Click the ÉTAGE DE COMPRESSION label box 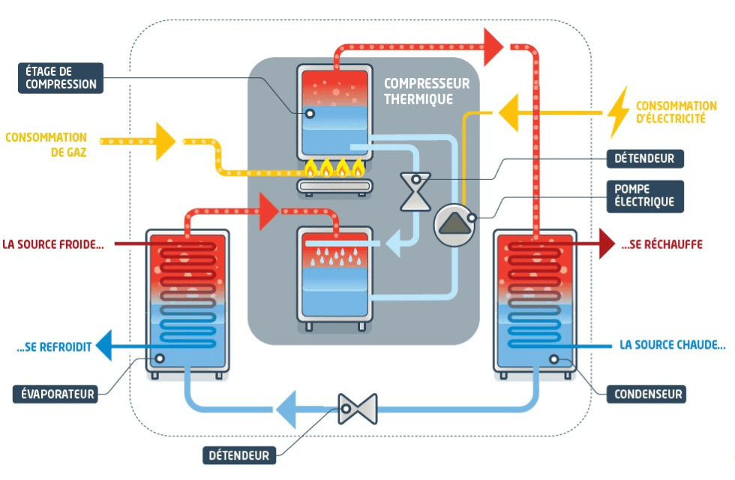click(x=61, y=78)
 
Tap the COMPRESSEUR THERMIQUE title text click(x=426, y=91)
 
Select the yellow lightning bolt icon click(x=618, y=112)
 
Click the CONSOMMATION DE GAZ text click(x=46, y=144)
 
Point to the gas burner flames click(x=334, y=167)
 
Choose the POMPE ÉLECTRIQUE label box click(x=644, y=196)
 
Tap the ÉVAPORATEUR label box click(x=55, y=394)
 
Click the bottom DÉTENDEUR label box click(x=239, y=455)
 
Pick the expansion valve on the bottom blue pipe click(x=358, y=409)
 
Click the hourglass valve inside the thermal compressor click(x=415, y=192)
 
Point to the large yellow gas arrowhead click(x=165, y=141)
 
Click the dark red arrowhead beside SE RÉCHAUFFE click(x=607, y=243)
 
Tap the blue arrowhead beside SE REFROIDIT click(x=104, y=346)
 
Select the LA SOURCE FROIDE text click(x=53, y=244)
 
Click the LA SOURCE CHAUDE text click(x=673, y=345)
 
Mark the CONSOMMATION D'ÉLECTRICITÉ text click(x=676, y=112)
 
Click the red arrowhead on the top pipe click(x=493, y=46)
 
